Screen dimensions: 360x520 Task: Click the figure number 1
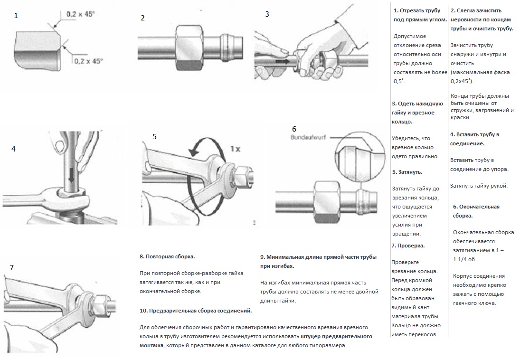coord(16,16)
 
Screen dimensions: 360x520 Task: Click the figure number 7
coord(12,268)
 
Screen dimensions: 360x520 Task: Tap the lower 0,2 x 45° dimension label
coord(88,60)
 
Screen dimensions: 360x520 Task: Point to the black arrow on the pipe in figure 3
coord(283,61)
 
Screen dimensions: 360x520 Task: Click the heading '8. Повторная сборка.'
coord(167,256)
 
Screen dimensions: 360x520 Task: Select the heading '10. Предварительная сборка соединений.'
coord(196,311)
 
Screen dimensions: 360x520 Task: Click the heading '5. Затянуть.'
coord(407,172)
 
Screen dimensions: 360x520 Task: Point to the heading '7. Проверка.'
coord(408,246)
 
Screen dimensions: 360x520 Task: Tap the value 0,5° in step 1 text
coord(399,81)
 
